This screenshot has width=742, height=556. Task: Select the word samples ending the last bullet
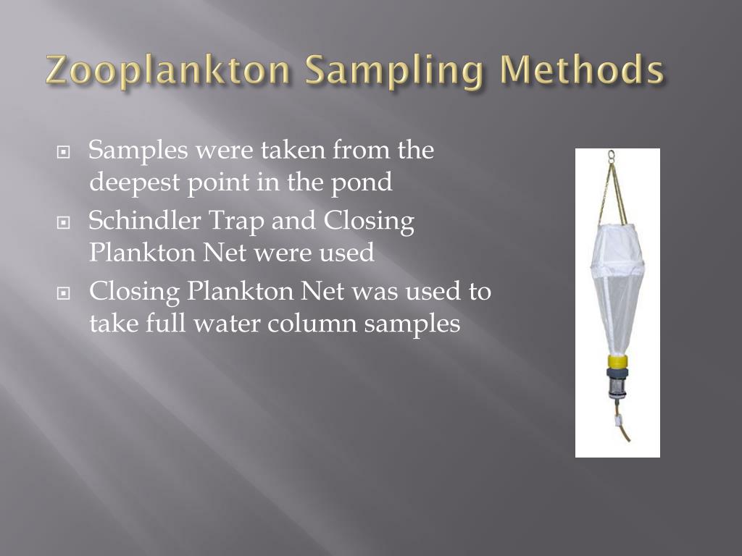pyautogui.click(x=412, y=323)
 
